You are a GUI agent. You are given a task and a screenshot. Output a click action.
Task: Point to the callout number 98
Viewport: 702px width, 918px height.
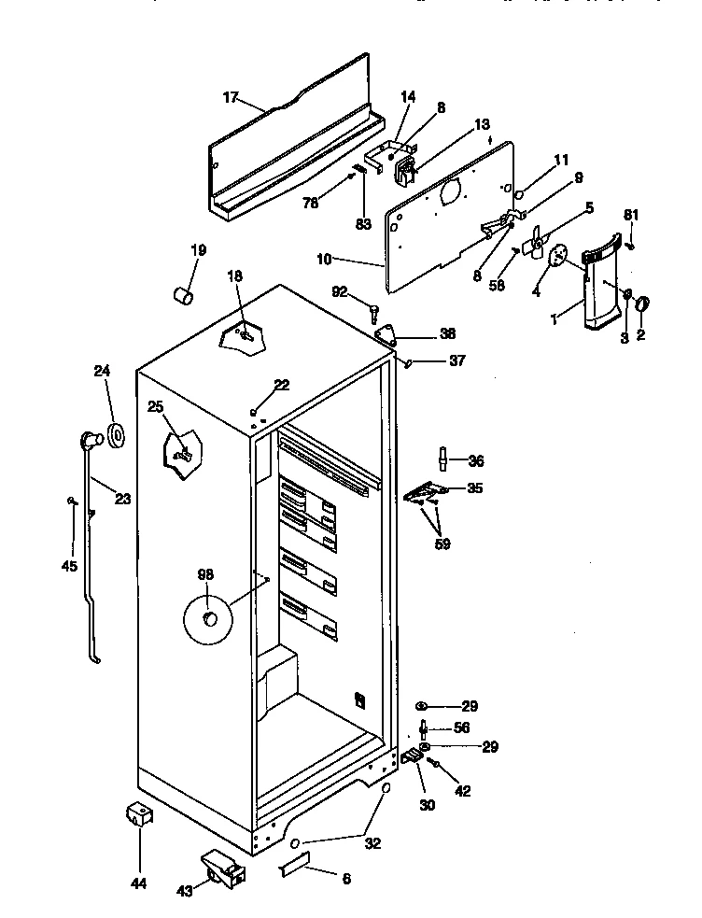point(205,575)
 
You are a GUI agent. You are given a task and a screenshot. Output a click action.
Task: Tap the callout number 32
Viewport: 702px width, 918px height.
point(372,844)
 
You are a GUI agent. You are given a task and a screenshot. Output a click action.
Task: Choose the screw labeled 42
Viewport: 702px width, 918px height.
point(435,764)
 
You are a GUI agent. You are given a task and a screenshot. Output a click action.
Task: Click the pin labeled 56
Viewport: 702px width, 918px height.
point(425,727)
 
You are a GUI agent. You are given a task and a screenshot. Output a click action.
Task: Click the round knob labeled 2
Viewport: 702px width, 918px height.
point(642,304)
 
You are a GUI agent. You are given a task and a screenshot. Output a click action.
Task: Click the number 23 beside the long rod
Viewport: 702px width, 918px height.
point(123,498)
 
